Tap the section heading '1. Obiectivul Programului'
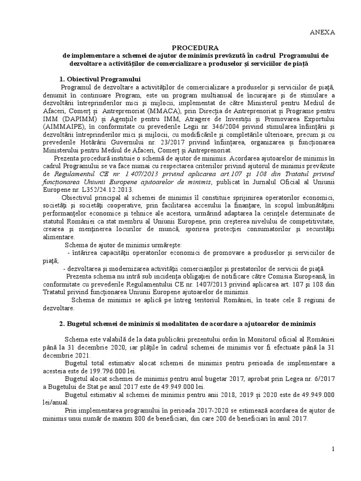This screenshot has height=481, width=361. [100, 78]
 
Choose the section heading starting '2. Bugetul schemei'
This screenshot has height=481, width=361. [188, 324]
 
